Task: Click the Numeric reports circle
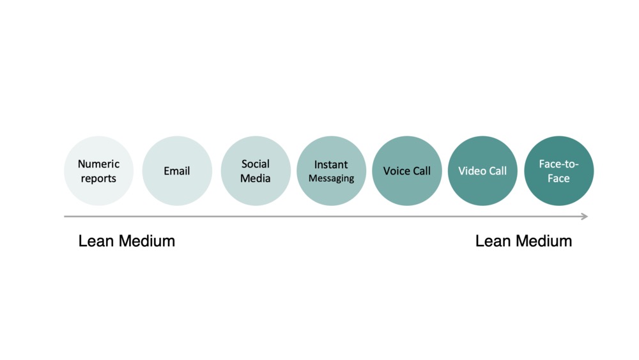coord(99,171)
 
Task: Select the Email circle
coord(177,171)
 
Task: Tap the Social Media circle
coord(256,171)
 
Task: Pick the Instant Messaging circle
coord(331,171)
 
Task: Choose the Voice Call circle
coord(407,171)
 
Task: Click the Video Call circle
coord(482,171)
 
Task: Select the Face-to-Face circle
coord(558,171)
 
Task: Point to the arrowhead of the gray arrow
coord(584,217)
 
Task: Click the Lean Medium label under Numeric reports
coord(127,241)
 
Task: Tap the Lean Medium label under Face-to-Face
coord(523,241)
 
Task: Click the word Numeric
coord(99,164)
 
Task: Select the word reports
coord(99,178)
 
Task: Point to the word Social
coord(256,164)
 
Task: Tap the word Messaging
coord(331,179)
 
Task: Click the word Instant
coord(331,164)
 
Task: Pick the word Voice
coord(394,171)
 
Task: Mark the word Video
coord(471,171)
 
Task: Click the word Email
coord(177,171)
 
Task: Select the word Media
coord(256,178)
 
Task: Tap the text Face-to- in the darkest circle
coord(558,164)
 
